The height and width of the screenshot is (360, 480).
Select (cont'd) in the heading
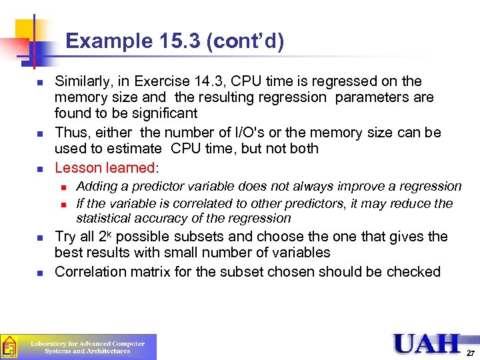point(246,41)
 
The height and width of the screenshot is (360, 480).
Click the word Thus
point(70,132)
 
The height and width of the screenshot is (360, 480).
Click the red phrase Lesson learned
point(105,167)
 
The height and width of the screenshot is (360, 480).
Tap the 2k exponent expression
point(106,237)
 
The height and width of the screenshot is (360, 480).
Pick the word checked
point(416,271)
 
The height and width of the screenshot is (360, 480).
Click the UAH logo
point(427,343)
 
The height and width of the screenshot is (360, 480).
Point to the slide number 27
point(471,353)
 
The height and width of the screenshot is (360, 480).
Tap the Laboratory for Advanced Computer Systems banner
point(79,347)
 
